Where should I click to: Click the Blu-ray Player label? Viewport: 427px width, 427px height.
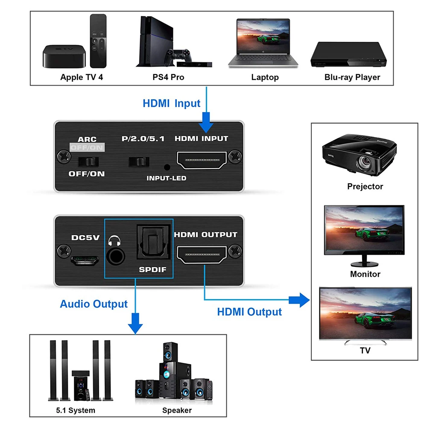click(352, 77)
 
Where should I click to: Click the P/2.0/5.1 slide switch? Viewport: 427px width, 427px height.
click(139, 162)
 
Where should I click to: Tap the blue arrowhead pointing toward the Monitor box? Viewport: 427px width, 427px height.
click(303, 300)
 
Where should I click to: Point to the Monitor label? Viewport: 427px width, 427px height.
click(365, 274)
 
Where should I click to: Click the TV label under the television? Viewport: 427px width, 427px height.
click(365, 351)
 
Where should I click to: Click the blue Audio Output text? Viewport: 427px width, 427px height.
click(94, 304)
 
